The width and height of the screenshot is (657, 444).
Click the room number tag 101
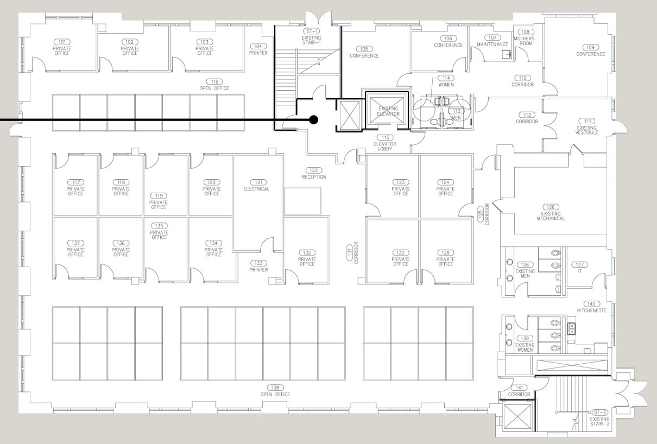(x=62, y=42)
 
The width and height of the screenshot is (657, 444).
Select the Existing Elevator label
(x=388, y=111)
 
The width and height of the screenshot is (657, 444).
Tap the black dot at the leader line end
(x=313, y=119)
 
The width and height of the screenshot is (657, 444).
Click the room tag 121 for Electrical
(x=256, y=182)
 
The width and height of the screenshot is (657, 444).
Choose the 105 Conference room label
(x=364, y=52)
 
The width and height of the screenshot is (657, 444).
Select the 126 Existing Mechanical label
(x=551, y=212)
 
